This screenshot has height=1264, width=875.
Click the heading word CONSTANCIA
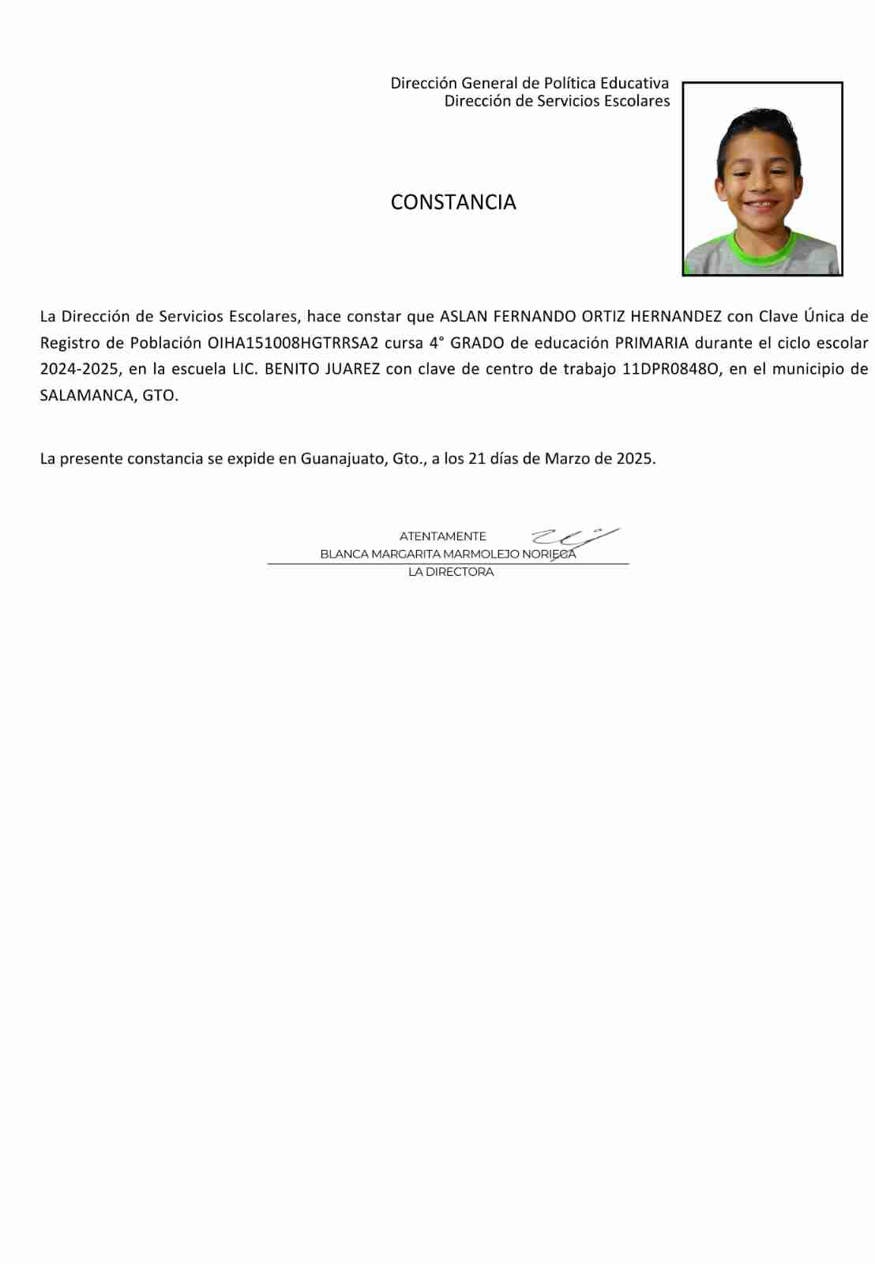[453, 202]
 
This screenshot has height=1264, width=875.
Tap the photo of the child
[762, 179]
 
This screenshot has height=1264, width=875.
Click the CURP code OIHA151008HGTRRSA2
[293, 343]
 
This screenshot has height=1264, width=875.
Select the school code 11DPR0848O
[671, 369]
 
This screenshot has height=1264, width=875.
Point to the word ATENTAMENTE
[442, 536]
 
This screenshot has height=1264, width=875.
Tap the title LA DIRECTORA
[451, 572]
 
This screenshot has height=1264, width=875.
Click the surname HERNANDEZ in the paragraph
[676, 317]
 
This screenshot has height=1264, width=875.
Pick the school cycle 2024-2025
[79, 369]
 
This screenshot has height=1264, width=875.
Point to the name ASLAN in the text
[464, 317]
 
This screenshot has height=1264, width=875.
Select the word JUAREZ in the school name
[352, 369]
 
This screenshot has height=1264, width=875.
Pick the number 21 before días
[476, 459]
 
